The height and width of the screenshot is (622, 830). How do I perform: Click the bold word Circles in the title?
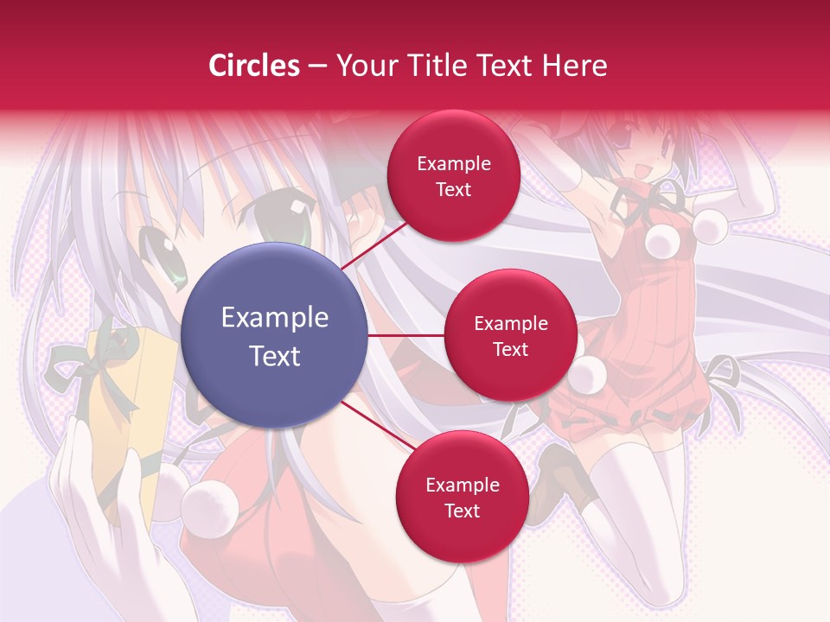253,66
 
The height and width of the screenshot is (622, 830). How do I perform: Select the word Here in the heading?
575,66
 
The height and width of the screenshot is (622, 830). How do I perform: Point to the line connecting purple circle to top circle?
373,245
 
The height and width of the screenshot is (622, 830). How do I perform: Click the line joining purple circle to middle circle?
406,334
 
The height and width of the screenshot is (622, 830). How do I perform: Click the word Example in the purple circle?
274,318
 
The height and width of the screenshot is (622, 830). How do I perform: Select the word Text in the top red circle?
453,189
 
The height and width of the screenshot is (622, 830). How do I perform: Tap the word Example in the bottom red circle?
462,486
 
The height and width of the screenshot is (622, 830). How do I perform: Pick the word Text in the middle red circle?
510,350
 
